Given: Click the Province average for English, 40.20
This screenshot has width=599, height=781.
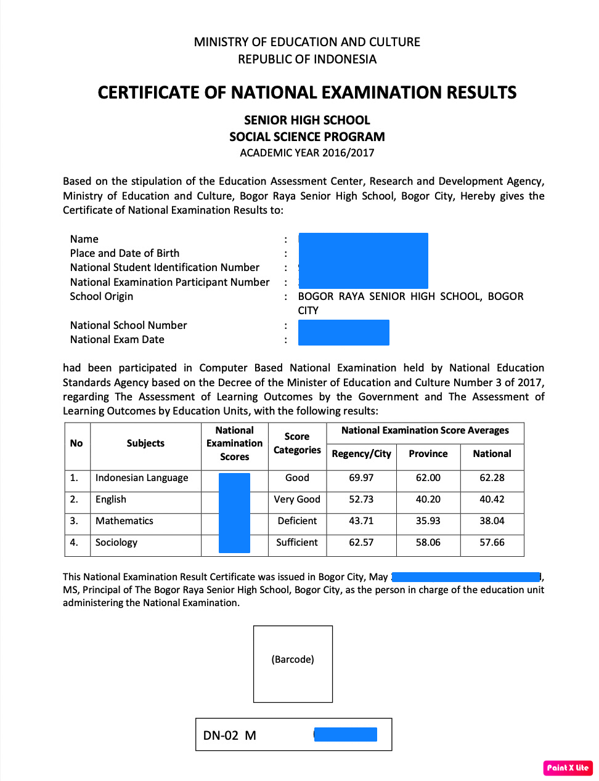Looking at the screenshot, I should pos(428,500).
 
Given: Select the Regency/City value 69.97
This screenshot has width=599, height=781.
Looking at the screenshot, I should pos(361,478).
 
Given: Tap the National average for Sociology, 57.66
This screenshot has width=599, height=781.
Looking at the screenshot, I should pos(492,543).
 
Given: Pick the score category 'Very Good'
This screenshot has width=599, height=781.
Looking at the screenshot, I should pos(297,500).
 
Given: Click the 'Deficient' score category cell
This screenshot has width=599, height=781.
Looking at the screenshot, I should pos(297,521).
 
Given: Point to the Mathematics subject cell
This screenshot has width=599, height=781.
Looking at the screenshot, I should pos(124,521).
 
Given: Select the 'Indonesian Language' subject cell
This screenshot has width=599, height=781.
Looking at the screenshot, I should pos(142,478).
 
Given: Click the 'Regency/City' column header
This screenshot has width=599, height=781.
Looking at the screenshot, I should pos(361,454).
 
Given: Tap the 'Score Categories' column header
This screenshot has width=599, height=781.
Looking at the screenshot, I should pos(297,443).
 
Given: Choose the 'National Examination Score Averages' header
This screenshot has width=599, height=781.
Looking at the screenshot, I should pos(425,431).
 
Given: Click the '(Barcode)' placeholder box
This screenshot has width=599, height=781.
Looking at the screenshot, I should pos(293,663).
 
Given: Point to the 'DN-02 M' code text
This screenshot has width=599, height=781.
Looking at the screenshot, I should pos(229,735).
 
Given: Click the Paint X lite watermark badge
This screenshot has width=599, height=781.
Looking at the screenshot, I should pos(568,767).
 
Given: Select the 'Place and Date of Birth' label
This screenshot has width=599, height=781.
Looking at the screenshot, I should pos(124,253).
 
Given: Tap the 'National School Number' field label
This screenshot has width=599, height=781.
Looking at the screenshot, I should pos(128,325).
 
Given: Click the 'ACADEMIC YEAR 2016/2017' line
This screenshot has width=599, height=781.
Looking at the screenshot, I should pos(307,153).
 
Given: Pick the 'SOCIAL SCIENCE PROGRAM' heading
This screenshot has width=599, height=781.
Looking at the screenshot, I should pos(307,137).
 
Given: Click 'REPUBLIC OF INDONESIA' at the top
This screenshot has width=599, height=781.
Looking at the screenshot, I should pos(307,59).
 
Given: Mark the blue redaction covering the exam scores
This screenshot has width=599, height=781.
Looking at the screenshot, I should pos(234,512).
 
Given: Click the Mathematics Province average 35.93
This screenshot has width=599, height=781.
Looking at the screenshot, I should pos(428,521).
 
